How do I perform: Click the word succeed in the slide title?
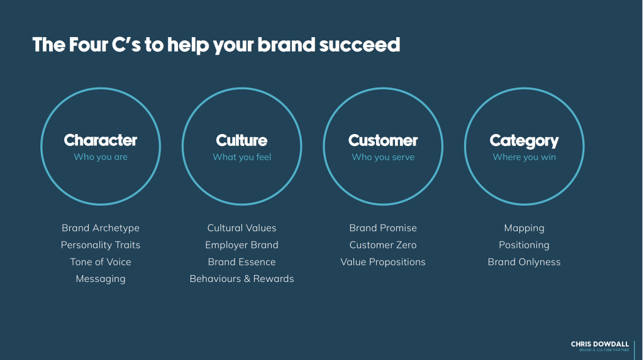tap(359, 45)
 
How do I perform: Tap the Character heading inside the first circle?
tap(101, 140)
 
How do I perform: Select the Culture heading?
tap(241, 140)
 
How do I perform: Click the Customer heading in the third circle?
tap(383, 140)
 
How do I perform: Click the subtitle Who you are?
tap(101, 157)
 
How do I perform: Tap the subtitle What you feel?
tap(242, 157)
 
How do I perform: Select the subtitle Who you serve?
tap(383, 157)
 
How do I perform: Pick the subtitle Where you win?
tap(524, 157)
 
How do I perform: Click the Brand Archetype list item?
tap(101, 228)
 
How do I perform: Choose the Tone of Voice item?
tap(101, 262)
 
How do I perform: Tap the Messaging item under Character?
tap(101, 279)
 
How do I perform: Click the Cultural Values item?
tap(242, 228)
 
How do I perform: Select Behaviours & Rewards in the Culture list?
tap(242, 279)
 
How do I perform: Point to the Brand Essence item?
tap(242, 262)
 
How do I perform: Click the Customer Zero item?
tap(383, 245)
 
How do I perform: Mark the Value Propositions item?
tap(383, 262)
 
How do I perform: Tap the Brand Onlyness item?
tap(524, 262)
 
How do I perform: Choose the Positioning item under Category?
tap(524, 245)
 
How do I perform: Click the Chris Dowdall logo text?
tap(599, 344)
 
